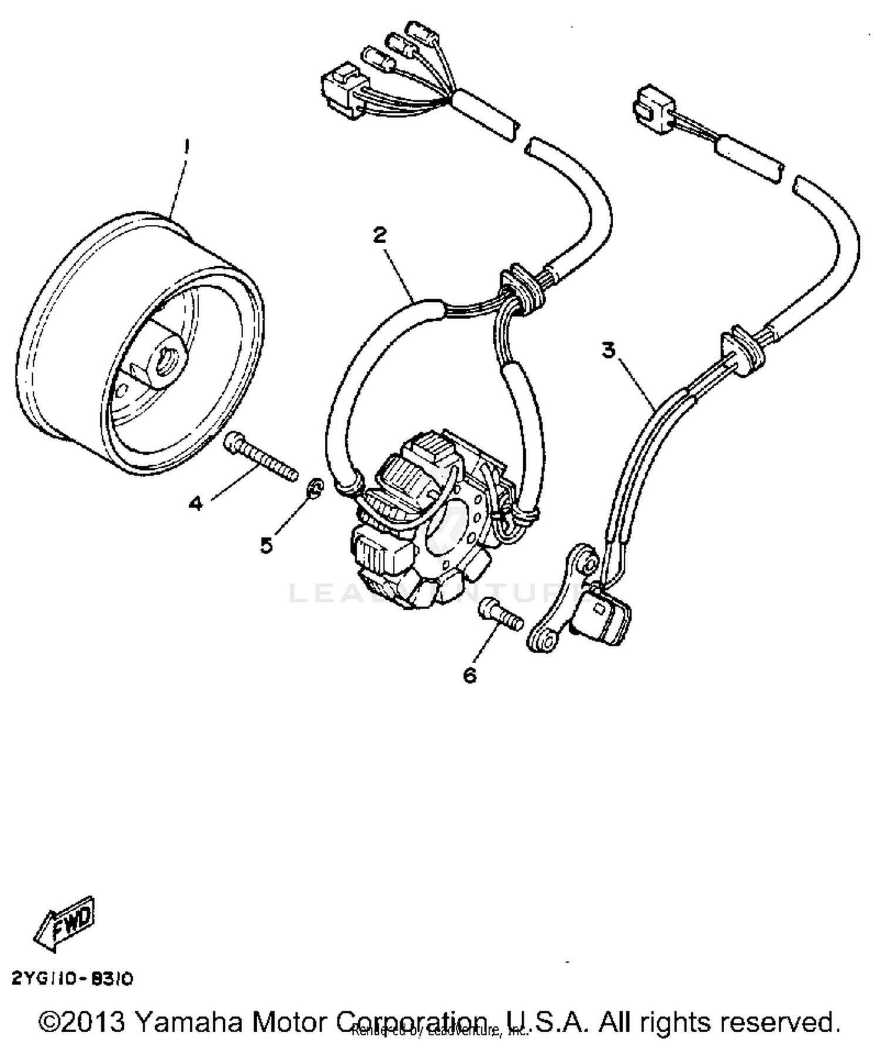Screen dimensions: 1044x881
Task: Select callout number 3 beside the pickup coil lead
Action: pos(608,351)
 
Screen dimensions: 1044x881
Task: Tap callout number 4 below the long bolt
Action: pos(196,503)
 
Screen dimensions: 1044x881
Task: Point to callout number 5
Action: pos(267,546)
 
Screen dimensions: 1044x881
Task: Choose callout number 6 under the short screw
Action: pos(470,676)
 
